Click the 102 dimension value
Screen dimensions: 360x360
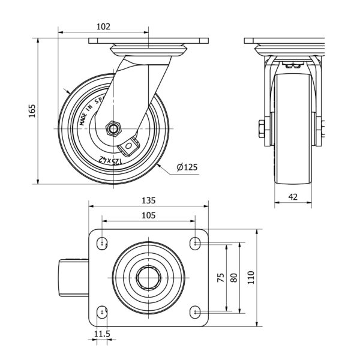coord(103,27)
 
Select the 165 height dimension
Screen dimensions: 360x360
coord(32,111)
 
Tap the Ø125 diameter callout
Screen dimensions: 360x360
coord(187,167)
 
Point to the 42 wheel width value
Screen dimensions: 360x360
coord(293,196)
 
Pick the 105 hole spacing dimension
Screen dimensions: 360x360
coord(148,214)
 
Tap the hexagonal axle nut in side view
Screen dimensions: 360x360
coord(112,128)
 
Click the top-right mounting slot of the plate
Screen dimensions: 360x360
coord(195,243)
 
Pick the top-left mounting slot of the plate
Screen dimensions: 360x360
coord(103,243)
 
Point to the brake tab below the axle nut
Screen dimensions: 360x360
coord(130,145)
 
